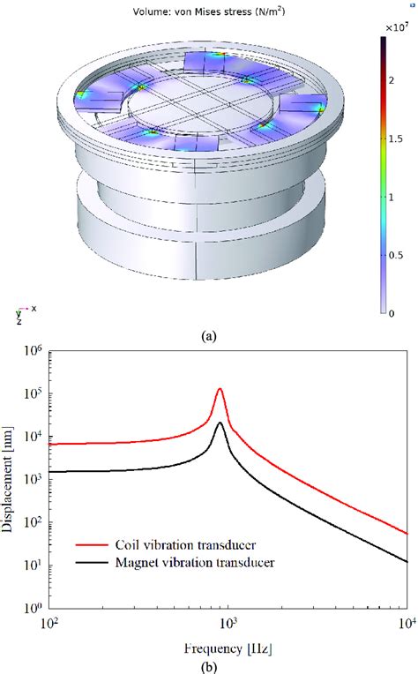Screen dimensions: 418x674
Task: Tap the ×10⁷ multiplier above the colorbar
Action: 397,28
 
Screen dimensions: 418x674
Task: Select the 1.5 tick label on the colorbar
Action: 396,139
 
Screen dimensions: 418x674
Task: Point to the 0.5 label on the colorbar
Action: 396,255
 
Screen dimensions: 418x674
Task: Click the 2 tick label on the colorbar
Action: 392,80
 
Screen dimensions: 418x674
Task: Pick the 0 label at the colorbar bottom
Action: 392,314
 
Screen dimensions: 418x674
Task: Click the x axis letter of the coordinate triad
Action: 34,308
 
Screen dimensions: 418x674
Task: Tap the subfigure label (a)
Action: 209,336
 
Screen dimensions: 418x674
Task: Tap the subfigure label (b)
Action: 209,667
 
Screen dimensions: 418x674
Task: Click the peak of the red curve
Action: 220,389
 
